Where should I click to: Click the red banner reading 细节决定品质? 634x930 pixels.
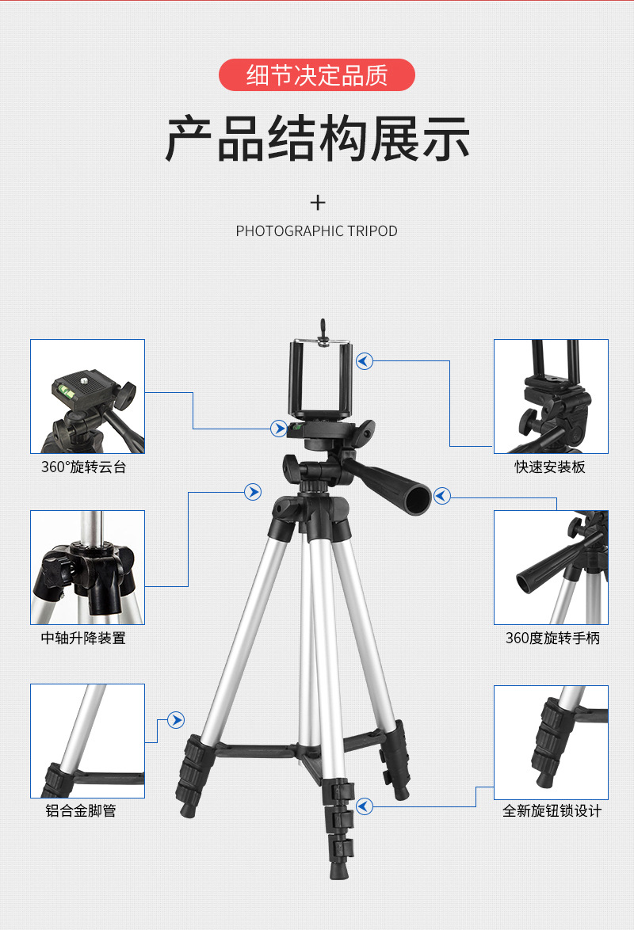coord(317,75)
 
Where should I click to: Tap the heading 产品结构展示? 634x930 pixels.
coord(317,139)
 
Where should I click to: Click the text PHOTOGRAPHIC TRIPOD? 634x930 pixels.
coord(317,231)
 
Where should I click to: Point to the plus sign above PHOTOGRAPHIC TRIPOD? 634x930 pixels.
coord(318,203)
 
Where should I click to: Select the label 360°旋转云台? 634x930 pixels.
coord(83,467)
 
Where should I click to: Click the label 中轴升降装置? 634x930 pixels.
coord(83,638)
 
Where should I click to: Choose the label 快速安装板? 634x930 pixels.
coord(550,467)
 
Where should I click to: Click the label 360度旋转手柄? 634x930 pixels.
coord(552,638)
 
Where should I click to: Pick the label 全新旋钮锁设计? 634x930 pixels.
coord(552,810)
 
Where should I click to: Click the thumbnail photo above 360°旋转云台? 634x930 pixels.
coord(87,396)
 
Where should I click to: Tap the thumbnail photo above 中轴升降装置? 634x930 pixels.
coord(87,567)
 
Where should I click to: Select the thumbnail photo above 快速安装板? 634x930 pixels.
coord(551,396)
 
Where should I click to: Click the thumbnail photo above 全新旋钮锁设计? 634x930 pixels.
coord(551,742)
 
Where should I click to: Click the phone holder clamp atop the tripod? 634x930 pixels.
coord(322,379)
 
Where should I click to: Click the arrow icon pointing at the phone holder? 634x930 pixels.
coord(365,361)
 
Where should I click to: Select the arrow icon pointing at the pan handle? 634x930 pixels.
coord(442,497)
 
